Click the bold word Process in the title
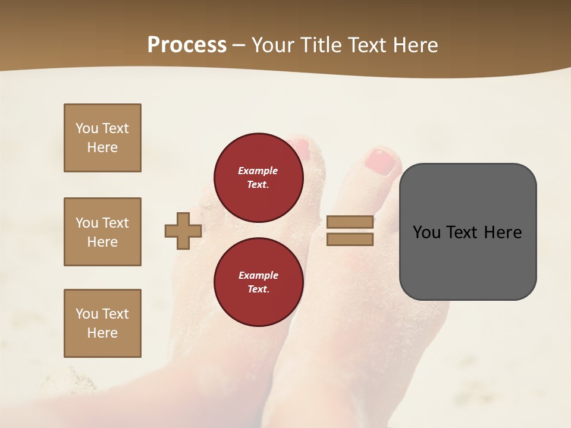click(x=187, y=45)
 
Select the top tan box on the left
click(x=102, y=138)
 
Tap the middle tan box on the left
click(x=102, y=232)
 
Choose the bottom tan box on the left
click(x=102, y=323)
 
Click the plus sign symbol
click(x=183, y=231)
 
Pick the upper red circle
click(x=259, y=177)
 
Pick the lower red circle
click(x=259, y=282)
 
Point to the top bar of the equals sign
click(x=350, y=222)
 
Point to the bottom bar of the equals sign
click(x=350, y=240)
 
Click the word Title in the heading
click(x=321, y=45)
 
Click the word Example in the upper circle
click(x=258, y=171)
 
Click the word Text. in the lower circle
click(x=258, y=289)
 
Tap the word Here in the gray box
click(x=503, y=232)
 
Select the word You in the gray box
click(x=426, y=232)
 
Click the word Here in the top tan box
click(x=102, y=147)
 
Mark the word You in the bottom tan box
click(x=87, y=313)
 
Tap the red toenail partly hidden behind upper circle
click(x=303, y=148)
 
